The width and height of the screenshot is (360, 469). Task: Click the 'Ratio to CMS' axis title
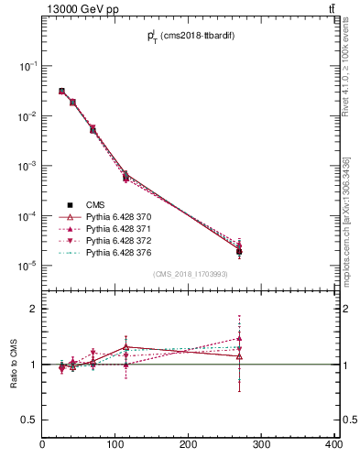tap(14, 364)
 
